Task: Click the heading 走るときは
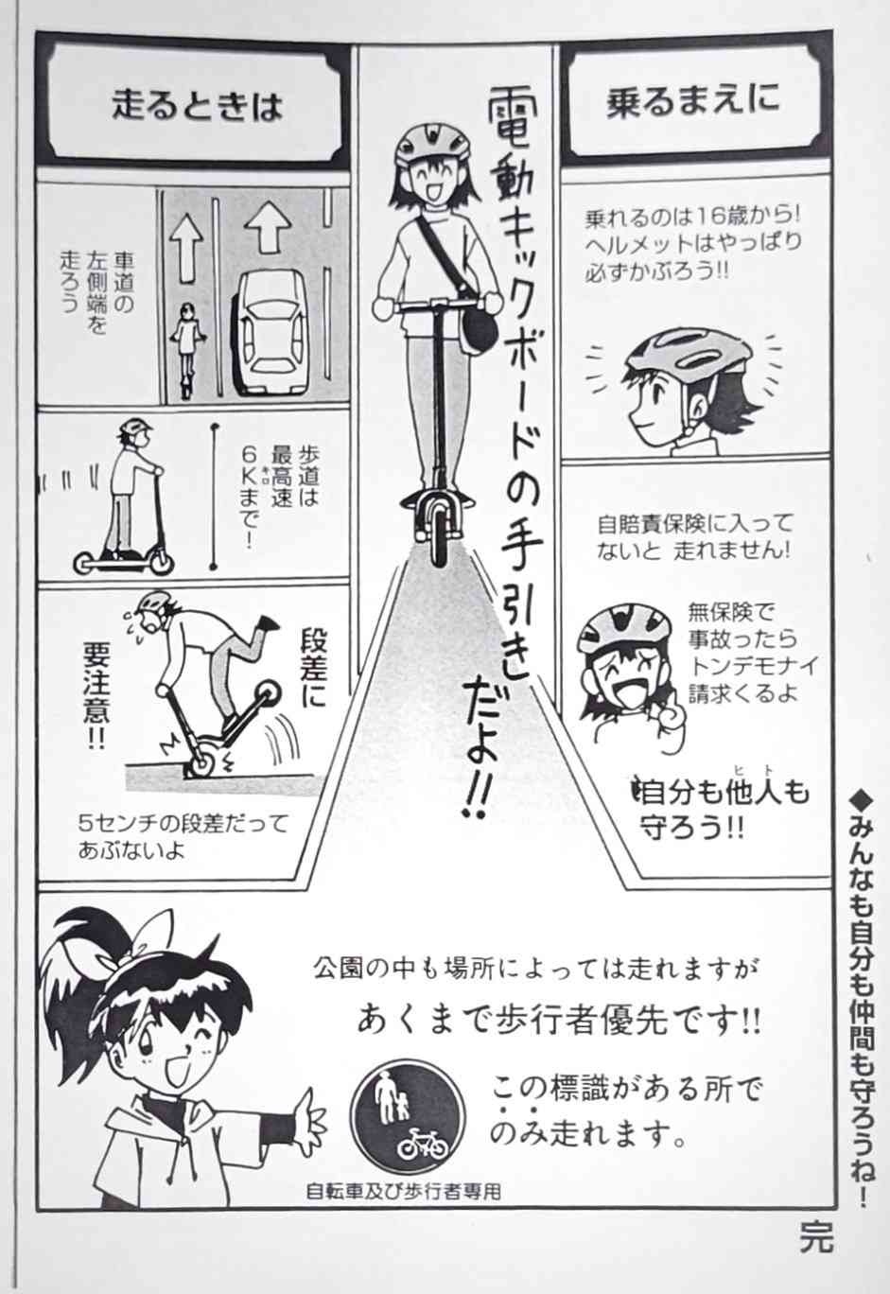(197, 106)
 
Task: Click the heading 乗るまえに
(692, 101)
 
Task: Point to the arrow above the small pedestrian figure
(186, 247)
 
